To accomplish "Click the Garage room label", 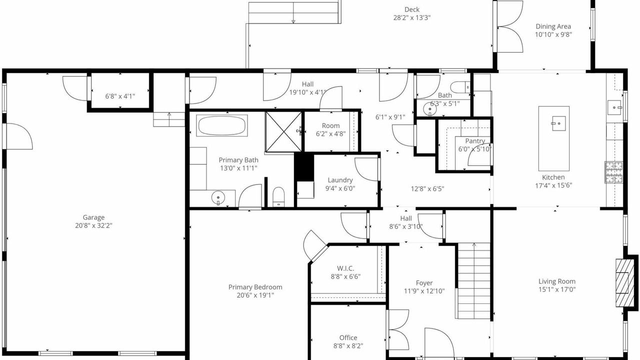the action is [93, 217].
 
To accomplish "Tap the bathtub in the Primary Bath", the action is [221, 125].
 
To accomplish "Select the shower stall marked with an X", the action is [283, 131].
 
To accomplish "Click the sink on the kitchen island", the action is [558, 123].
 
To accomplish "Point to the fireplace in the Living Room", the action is [622, 283].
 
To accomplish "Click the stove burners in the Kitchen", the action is [613, 172].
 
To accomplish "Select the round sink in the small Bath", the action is [429, 109].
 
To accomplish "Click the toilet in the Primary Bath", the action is [278, 196].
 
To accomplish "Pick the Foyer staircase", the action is [474, 280].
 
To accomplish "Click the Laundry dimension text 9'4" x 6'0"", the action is [340, 188].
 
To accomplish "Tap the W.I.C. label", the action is [345, 268].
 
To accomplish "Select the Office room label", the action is [348, 337].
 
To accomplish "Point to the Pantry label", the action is [475, 141].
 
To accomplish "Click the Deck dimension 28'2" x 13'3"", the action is [411, 17].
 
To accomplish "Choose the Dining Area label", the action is [553, 26].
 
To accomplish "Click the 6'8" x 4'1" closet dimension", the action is [120, 96].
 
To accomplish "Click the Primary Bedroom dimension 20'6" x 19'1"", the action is [255, 295].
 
